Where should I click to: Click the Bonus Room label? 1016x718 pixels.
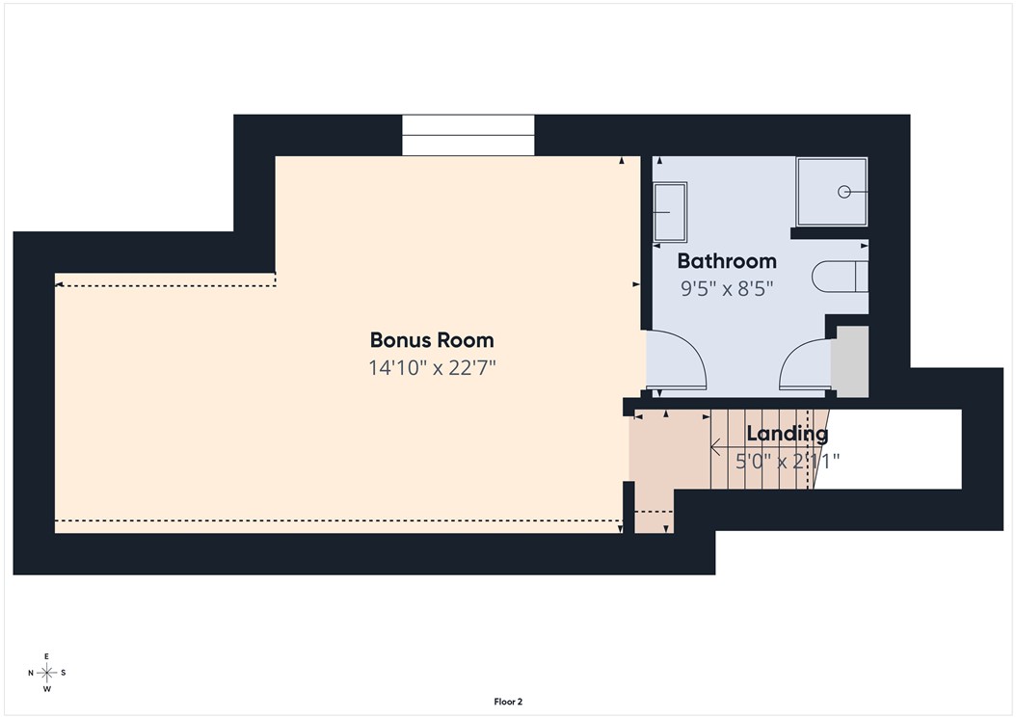pos(432,340)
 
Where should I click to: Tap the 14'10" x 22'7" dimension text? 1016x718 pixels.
pos(432,368)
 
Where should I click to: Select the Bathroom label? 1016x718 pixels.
pos(727,261)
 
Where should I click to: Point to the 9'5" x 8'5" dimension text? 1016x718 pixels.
pos(727,288)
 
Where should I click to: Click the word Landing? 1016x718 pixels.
pos(788,434)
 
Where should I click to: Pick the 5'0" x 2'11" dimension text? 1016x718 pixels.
pos(788,462)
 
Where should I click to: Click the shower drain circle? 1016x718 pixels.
pos(844,192)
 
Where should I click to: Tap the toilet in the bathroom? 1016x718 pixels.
pos(840,277)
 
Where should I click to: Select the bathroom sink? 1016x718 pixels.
pos(670,212)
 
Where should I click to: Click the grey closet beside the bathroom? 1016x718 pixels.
pos(849,361)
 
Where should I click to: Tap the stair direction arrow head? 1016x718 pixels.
pos(715,447)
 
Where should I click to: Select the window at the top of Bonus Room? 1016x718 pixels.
pos(468,136)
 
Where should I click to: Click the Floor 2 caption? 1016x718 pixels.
pos(508,702)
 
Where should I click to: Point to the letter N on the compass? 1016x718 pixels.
pos(31,673)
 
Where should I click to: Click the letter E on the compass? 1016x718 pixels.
pos(46,656)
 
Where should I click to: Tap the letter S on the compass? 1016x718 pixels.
pos(64,673)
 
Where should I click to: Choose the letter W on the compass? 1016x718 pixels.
pos(46,689)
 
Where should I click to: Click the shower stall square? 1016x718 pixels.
pos(831,192)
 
